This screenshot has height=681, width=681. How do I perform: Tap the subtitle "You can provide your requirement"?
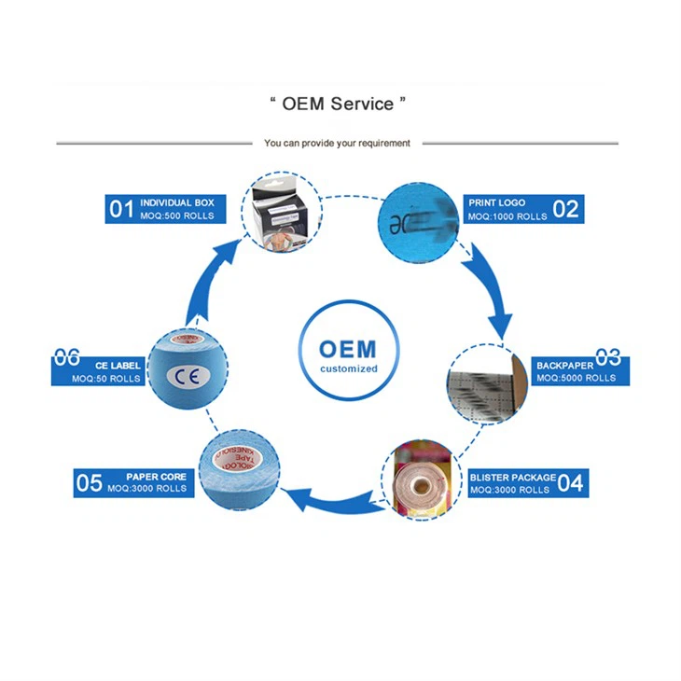pyautogui.click(x=337, y=144)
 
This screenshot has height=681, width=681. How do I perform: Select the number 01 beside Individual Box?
pyautogui.click(x=121, y=209)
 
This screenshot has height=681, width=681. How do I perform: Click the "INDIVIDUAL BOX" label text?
pyautogui.click(x=177, y=202)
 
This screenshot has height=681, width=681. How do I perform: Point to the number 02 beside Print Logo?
pyautogui.click(x=565, y=209)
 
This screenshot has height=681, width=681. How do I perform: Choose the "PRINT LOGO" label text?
pyautogui.click(x=496, y=202)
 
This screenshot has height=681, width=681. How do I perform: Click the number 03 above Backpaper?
pyautogui.click(x=608, y=356)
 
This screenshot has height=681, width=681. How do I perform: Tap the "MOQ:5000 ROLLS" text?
pyautogui.click(x=576, y=379)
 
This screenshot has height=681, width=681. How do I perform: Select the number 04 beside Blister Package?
pyautogui.click(x=569, y=482)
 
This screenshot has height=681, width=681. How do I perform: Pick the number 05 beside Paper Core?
pyautogui.click(x=89, y=482)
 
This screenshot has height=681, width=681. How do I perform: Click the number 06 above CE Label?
pyautogui.click(x=66, y=356)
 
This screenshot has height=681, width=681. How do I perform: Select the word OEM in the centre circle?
pyautogui.click(x=347, y=350)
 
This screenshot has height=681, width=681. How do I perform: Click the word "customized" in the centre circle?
pyautogui.click(x=348, y=368)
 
